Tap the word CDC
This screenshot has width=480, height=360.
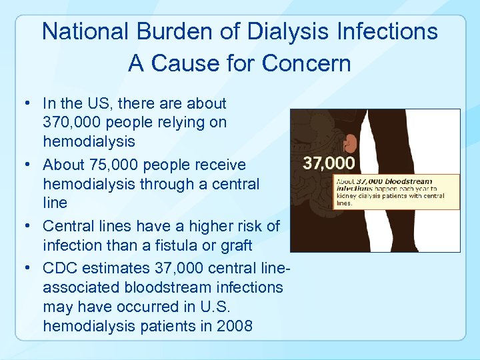(59, 269)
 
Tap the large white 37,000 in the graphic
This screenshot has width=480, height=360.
(329, 163)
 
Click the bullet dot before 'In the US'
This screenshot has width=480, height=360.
(25, 103)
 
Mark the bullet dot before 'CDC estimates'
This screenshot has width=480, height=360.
(25, 269)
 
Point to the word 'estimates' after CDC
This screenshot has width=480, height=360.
(117, 269)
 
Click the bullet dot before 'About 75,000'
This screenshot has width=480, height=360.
(25, 165)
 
